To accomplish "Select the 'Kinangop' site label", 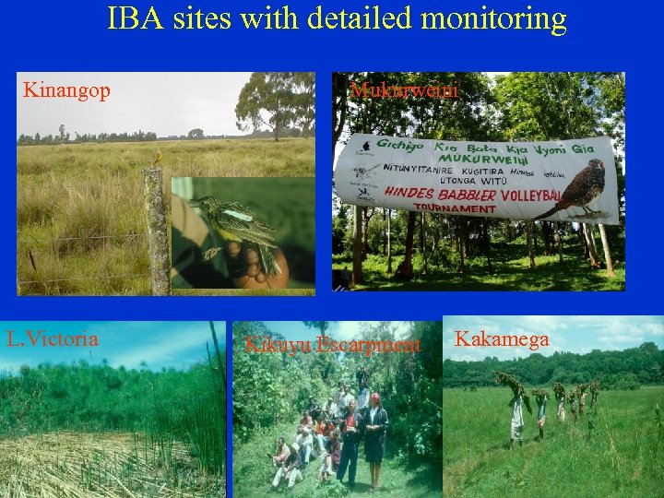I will [66, 90].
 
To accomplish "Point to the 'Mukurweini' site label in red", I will [404, 90].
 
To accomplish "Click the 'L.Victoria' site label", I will [52, 338].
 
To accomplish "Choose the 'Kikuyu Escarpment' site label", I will [332, 345].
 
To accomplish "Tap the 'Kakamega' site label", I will [502, 339].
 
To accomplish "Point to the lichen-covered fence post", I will [156, 231].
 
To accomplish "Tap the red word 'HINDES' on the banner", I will [410, 193].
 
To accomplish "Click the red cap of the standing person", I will [374, 397].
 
